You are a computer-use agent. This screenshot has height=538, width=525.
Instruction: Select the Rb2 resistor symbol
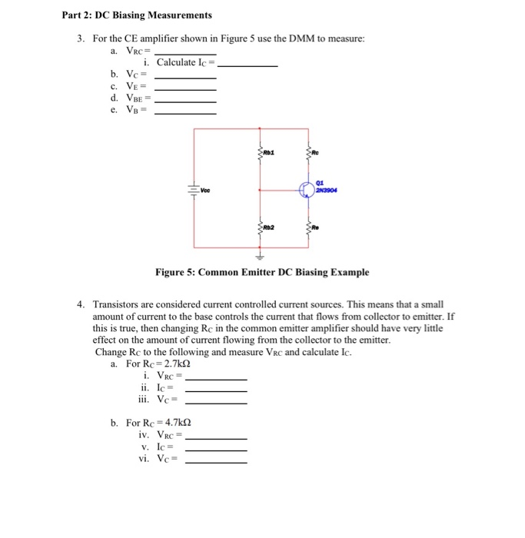tap(260, 227)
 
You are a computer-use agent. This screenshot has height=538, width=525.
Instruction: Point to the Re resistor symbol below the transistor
tap(307, 227)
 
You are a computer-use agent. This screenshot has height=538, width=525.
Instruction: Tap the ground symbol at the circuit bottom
tap(259, 257)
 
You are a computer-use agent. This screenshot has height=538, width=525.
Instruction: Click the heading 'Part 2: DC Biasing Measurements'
tap(137, 15)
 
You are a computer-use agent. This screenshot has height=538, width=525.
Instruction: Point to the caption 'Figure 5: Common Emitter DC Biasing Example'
tap(261, 272)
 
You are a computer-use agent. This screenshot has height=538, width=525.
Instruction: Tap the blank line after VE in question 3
tap(185, 90)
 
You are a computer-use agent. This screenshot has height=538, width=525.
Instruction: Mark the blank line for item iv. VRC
tap(216, 438)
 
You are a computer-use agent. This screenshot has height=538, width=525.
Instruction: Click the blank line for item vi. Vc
tap(216, 463)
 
